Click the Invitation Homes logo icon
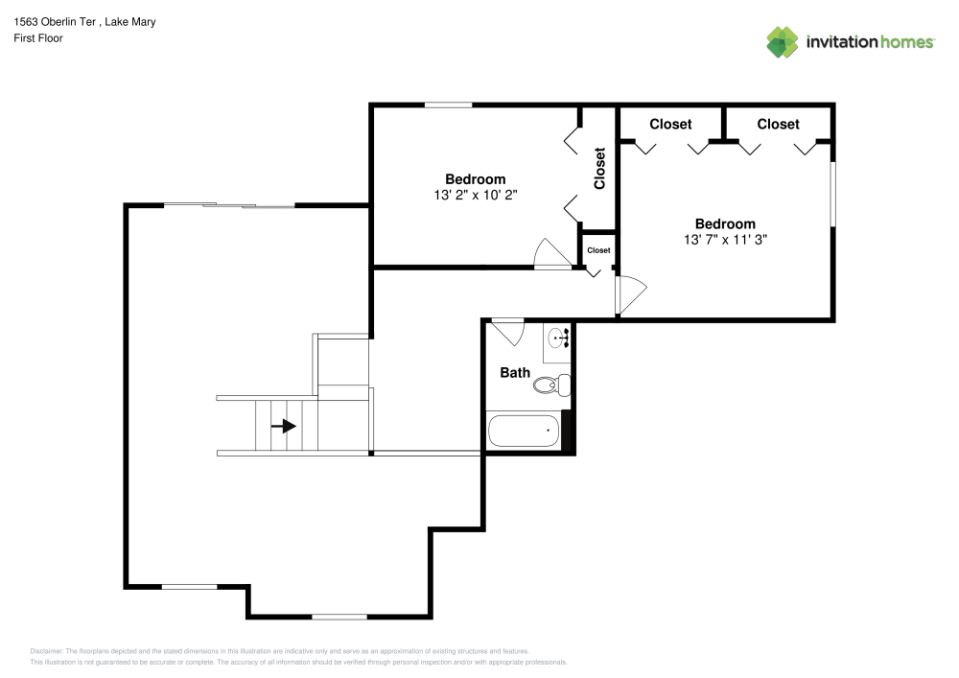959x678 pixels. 782,41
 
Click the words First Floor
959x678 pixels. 38,38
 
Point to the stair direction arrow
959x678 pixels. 284,426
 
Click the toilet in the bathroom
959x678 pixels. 551,386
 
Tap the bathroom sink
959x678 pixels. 559,338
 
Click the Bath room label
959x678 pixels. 515,372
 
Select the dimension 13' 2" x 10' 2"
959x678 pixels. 476,195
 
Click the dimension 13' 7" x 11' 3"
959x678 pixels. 725,240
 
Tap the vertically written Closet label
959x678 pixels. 600,168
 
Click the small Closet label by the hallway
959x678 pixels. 598,250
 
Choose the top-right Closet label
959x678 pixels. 778,124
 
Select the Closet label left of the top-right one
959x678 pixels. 670,124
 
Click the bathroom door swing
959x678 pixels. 508,332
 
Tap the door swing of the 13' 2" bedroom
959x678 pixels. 552,253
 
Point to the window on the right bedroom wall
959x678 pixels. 832,195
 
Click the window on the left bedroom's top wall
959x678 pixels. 449,105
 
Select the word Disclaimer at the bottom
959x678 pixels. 47,650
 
